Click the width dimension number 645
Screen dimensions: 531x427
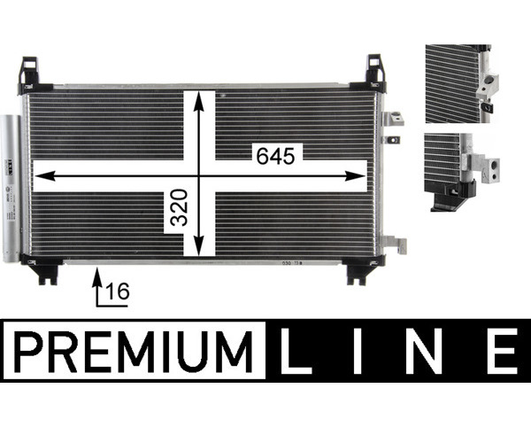(275, 157)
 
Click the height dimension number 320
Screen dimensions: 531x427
(179, 207)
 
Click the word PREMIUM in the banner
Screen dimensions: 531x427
(134, 352)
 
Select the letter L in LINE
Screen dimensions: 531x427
(296, 351)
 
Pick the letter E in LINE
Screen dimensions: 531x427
(503, 351)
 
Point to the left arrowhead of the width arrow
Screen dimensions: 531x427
(45, 176)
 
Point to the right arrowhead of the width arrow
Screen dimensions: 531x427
(356, 176)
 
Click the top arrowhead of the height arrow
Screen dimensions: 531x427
(199, 101)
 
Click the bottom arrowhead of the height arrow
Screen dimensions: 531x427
(199, 245)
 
